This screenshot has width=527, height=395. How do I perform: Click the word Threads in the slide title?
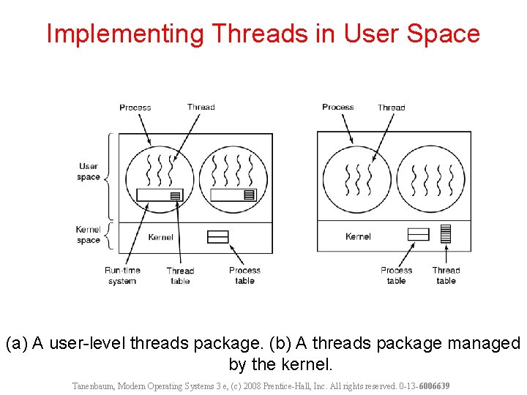247,34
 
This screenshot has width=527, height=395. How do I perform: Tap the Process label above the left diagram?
135,108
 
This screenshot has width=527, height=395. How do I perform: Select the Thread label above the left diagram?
201,107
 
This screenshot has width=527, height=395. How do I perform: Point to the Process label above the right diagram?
337,107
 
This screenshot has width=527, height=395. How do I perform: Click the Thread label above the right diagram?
391,108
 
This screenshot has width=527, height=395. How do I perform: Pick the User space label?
89,171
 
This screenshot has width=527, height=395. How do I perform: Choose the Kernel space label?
89,235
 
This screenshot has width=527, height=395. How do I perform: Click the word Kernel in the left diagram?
160,237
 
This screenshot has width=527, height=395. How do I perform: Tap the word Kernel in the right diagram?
358,236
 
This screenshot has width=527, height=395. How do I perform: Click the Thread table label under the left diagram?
180,276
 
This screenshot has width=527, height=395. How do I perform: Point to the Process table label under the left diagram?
244,275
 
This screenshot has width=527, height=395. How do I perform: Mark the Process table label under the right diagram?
397,275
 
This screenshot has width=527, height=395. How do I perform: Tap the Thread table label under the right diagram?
446,275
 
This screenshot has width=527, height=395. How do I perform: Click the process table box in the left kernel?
218,236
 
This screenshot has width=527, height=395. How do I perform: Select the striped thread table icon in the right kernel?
445,233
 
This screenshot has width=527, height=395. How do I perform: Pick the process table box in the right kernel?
418,234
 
